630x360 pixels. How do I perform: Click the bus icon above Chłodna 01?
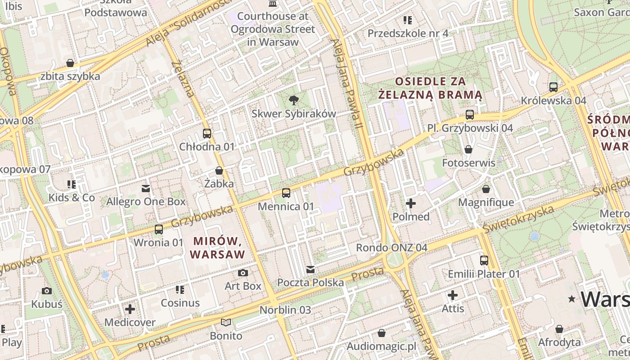207,134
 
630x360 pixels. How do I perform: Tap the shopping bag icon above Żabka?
219,171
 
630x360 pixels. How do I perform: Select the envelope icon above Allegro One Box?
146,188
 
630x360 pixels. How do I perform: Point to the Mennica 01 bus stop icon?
286,193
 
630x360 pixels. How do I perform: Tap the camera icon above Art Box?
243,273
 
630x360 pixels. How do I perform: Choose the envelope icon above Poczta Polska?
310,270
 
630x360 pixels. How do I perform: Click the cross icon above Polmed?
411,203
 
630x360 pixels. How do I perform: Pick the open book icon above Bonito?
226,322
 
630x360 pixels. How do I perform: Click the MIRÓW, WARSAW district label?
217,247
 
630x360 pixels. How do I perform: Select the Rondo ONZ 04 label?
391,247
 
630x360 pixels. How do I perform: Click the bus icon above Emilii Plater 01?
484,260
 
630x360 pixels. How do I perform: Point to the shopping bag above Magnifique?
486,189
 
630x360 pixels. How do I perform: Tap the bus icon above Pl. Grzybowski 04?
470,115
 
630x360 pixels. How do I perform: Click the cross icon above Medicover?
130,309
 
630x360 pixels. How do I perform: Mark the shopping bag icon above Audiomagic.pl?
382,333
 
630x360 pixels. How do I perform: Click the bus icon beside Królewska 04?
553,87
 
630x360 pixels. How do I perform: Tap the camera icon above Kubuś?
46,291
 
